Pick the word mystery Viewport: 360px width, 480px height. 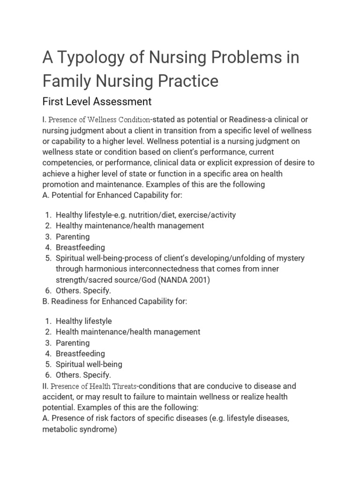click(x=289, y=258)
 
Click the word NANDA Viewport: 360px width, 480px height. click(x=169, y=280)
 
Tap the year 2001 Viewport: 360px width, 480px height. click(x=197, y=280)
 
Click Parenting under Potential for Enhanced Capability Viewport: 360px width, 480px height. click(x=73, y=237)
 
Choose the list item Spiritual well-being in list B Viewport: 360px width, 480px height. click(x=89, y=364)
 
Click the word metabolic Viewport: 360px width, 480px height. click(x=59, y=429)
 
